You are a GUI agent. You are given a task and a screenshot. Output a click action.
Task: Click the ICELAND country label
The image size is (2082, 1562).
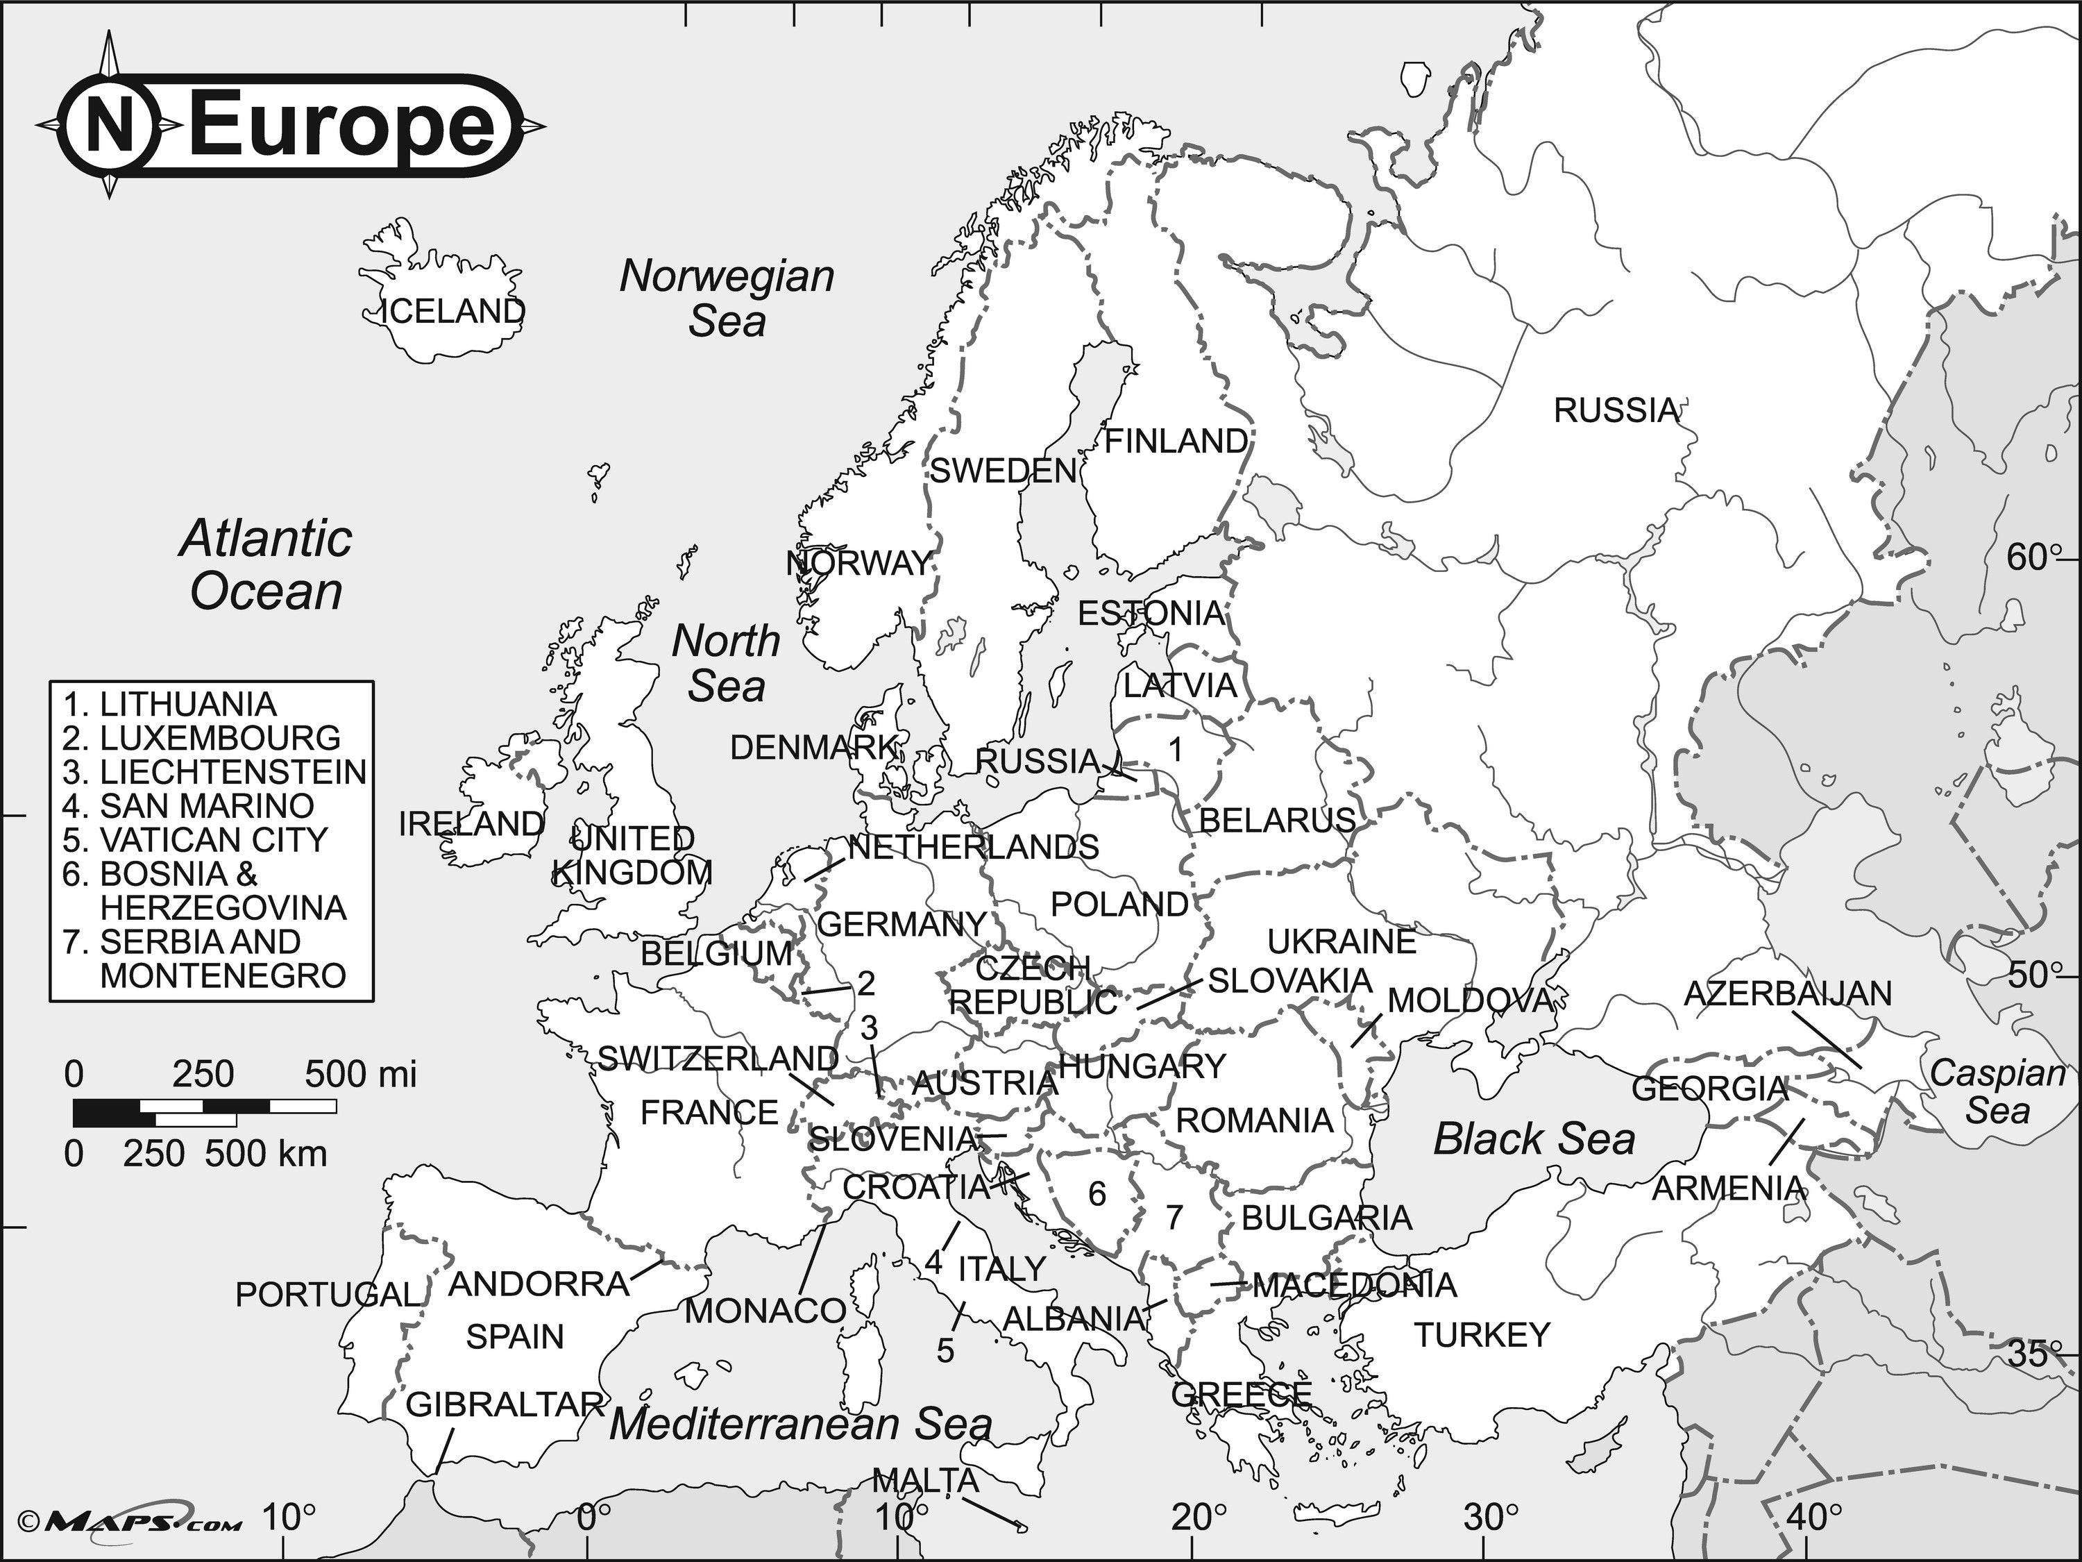(452, 312)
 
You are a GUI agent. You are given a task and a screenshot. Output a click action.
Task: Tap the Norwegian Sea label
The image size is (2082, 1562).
(727, 298)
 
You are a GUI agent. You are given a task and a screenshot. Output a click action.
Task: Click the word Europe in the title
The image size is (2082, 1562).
(341, 125)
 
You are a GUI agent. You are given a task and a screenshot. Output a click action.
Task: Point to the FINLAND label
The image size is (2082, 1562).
(1176, 441)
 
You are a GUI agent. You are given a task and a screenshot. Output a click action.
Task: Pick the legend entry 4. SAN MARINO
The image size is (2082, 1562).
(188, 806)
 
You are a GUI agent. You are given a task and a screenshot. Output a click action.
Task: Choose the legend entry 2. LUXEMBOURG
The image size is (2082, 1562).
(201, 738)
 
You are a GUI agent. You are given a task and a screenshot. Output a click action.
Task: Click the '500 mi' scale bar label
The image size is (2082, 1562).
(360, 1074)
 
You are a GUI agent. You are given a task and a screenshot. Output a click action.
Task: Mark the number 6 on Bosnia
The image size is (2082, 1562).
(1097, 1195)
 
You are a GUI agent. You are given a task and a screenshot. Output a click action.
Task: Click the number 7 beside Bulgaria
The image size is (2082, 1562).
(1174, 1218)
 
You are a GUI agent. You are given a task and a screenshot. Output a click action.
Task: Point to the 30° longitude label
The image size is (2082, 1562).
(1491, 1518)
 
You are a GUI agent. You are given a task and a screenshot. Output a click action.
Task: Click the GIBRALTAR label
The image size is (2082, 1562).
(505, 1405)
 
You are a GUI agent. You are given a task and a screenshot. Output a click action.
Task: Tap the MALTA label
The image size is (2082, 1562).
(925, 1481)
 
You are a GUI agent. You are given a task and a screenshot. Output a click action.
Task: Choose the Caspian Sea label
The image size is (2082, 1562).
(1997, 1091)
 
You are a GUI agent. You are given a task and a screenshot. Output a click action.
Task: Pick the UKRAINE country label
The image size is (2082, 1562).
(1342, 941)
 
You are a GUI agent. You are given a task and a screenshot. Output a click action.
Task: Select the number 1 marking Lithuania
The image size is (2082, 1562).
(1175, 750)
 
